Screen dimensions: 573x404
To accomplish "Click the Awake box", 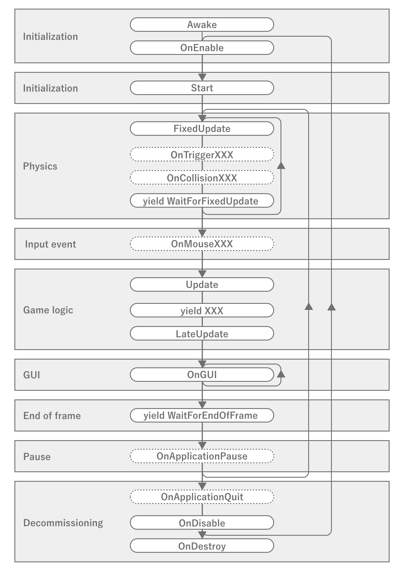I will click(202, 25).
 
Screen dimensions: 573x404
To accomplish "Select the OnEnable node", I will click(202, 48).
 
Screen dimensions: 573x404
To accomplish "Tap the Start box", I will click(202, 88).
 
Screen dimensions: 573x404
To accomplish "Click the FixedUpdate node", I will click(202, 129).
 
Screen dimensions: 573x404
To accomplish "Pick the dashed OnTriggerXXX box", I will click(202, 155).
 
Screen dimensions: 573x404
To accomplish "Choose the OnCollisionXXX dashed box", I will click(202, 178).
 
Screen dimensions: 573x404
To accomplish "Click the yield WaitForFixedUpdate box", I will click(202, 201).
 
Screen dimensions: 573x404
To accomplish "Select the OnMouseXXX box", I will click(202, 244).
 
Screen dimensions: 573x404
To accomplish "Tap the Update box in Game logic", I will click(202, 284).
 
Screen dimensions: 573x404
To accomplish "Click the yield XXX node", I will click(202, 310).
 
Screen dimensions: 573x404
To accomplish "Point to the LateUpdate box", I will click(202, 334).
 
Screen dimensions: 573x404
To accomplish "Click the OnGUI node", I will click(202, 375).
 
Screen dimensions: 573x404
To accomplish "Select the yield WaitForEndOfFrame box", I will click(202, 415).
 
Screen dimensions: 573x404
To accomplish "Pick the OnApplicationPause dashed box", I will click(202, 456).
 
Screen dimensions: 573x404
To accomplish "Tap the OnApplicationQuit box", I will click(202, 497).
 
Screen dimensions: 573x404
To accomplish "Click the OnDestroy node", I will click(202, 546).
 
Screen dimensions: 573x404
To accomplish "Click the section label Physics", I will click(40, 166).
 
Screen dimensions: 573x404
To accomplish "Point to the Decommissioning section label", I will click(63, 523).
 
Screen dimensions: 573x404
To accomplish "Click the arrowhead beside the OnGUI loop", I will click(281, 374).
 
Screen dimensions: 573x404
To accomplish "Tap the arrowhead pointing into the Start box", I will click(202, 77).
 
